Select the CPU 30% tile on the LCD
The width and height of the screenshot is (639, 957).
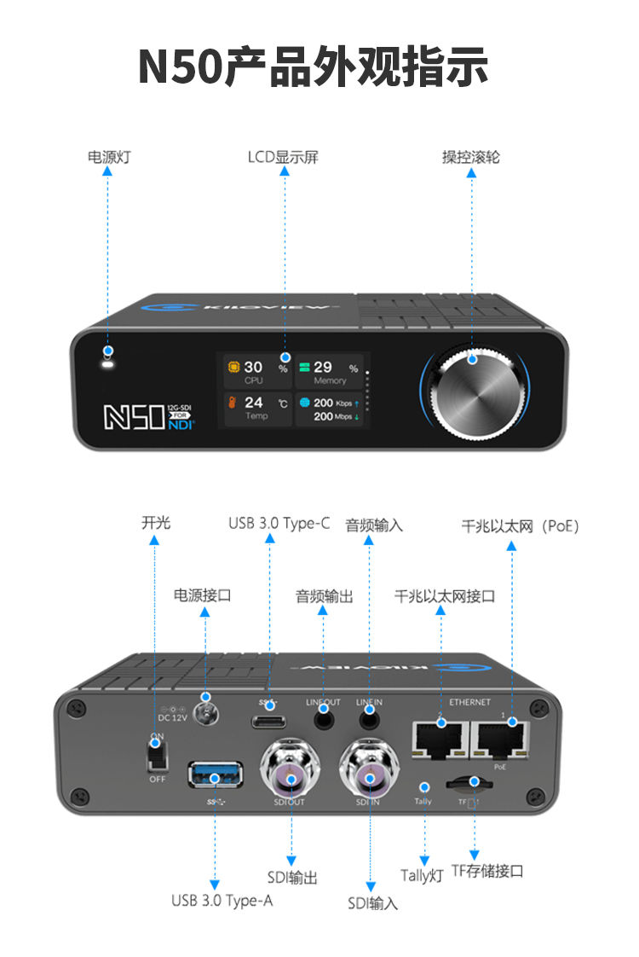click(255, 372)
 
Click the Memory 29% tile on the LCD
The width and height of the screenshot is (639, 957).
click(329, 372)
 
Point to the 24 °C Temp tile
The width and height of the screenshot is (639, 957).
click(255, 408)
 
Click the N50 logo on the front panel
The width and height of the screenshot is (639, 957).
click(134, 415)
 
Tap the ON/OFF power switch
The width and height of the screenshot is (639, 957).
click(155, 754)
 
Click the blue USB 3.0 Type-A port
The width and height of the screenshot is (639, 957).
click(216, 774)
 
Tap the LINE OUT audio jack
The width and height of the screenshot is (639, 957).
click(324, 720)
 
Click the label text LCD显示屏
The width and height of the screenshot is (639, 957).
click(283, 157)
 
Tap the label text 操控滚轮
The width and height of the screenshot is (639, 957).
click(470, 157)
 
